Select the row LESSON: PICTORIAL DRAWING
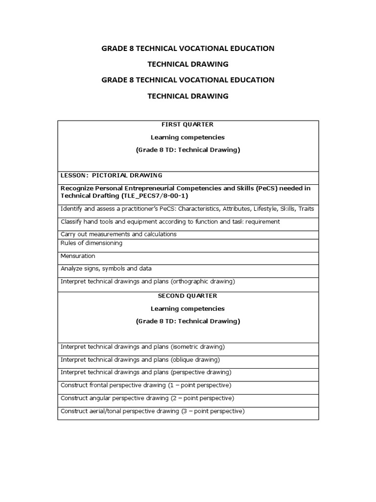[x=111, y=175]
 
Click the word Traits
[x=306, y=209]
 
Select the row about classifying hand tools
[x=170, y=222]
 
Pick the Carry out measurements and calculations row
[x=118, y=234]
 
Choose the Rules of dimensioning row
[x=92, y=243]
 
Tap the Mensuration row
[x=78, y=256]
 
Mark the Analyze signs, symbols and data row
[x=106, y=269]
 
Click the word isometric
[x=186, y=347]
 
